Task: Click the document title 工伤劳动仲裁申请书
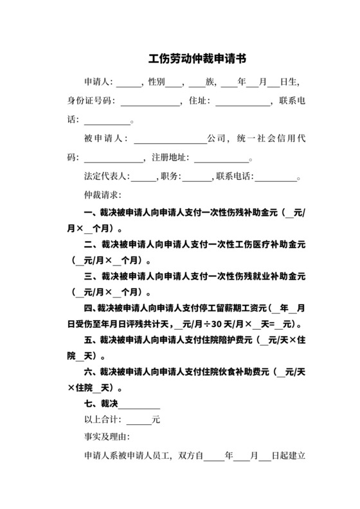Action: click(197, 59)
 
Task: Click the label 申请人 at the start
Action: click(97, 83)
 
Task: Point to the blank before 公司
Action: click(170, 139)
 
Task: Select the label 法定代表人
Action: click(107, 176)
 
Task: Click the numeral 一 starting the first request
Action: click(88, 213)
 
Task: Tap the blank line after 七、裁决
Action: click(139, 404)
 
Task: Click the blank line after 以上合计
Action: click(139, 421)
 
